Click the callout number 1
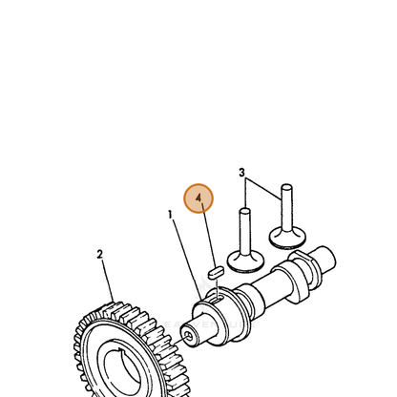[x=170, y=215]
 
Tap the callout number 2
[x=99, y=254]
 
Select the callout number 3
[x=241, y=173]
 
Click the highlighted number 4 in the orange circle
[x=198, y=198]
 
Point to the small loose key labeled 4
[x=216, y=272]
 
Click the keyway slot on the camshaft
[x=219, y=299]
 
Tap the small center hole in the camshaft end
[x=189, y=336]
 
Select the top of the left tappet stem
[x=244, y=211]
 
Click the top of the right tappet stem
[x=286, y=187]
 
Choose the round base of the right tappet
[x=287, y=238]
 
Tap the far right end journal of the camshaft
[x=325, y=260]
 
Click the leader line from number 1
[x=187, y=260]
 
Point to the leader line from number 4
[x=208, y=235]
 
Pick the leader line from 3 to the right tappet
[x=263, y=189]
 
